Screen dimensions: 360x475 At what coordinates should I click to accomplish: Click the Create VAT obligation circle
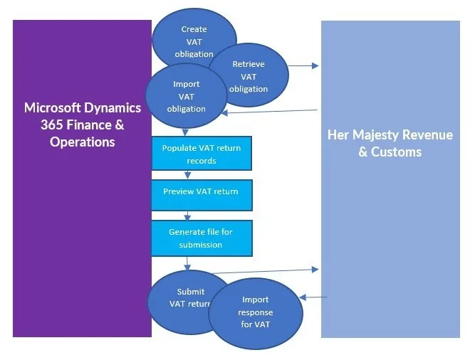click(x=193, y=32)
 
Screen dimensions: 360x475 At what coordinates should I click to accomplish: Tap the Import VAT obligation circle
click(x=186, y=96)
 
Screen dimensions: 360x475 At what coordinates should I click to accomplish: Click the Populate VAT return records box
click(x=202, y=154)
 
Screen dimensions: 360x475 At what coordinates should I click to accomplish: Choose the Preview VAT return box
click(x=202, y=192)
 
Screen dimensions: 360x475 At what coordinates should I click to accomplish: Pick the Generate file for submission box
click(x=202, y=238)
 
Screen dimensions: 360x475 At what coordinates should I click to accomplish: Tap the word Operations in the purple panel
click(x=82, y=142)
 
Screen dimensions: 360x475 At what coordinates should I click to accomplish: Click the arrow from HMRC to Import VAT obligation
click(x=271, y=111)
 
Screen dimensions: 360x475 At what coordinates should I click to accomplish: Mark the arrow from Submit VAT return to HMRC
click(x=263, y=270)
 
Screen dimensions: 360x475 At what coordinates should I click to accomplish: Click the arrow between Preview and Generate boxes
click(x=188, y=216)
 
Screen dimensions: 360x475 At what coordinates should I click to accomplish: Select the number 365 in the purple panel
click(x=54, y=125)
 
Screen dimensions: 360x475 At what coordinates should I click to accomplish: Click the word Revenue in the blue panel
click(x=429, y=135)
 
